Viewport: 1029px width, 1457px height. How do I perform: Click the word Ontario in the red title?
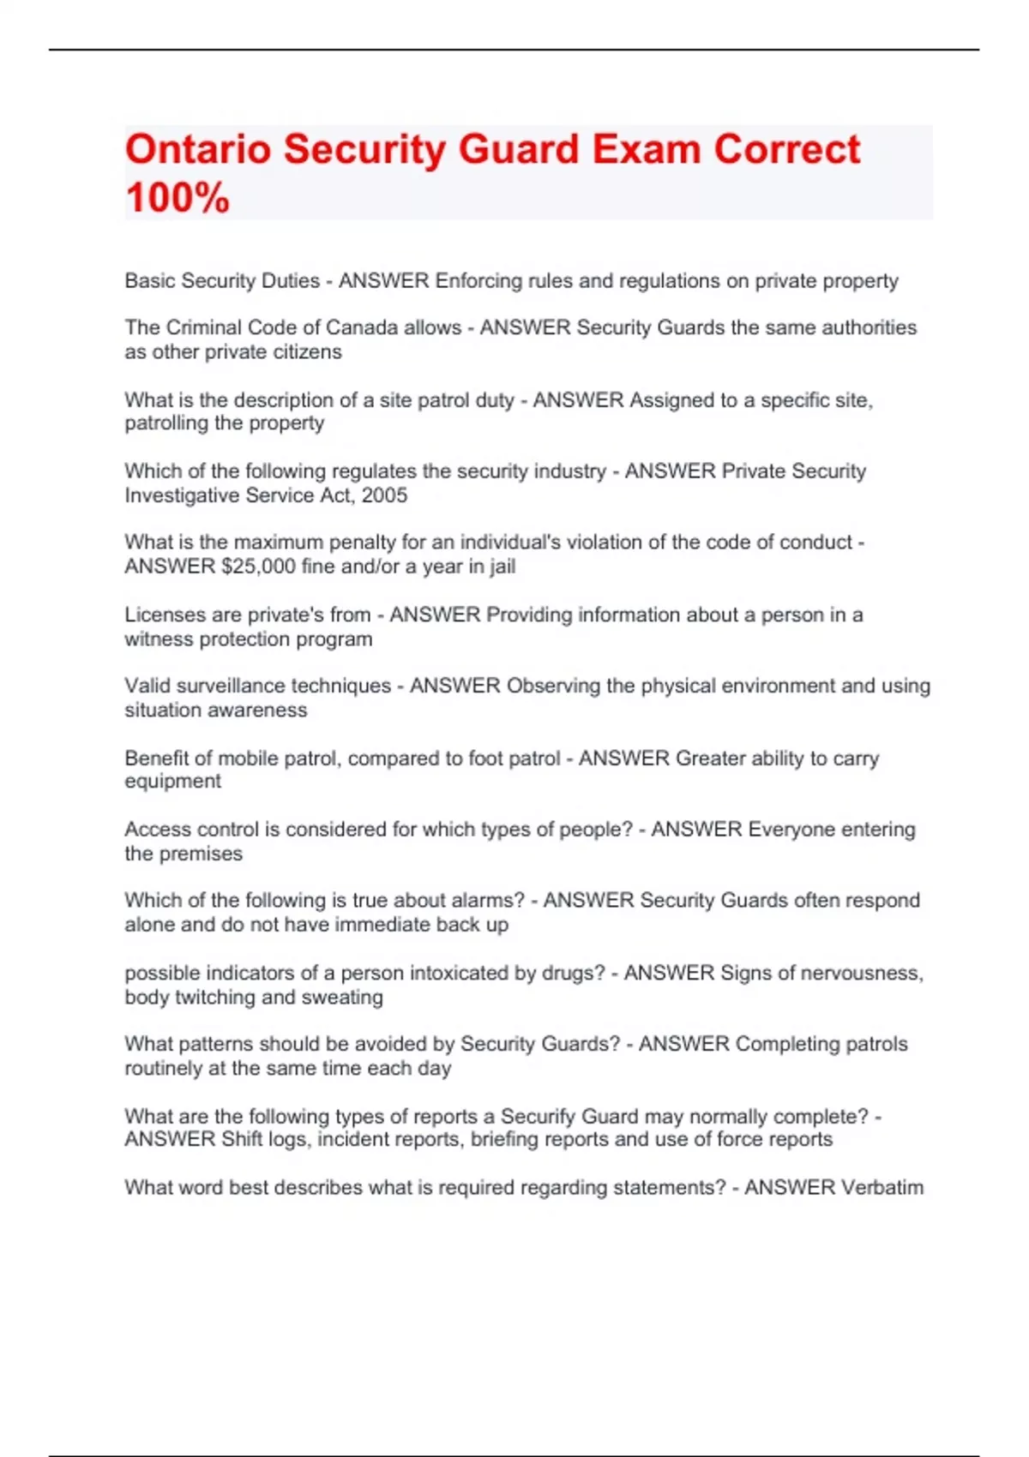(x=197, y=150)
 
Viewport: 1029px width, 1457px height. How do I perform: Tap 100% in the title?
(x=178, y=198)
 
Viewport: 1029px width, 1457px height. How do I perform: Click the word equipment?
(x=172, y=782)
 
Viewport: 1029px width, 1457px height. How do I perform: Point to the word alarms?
(x=489, y=901)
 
